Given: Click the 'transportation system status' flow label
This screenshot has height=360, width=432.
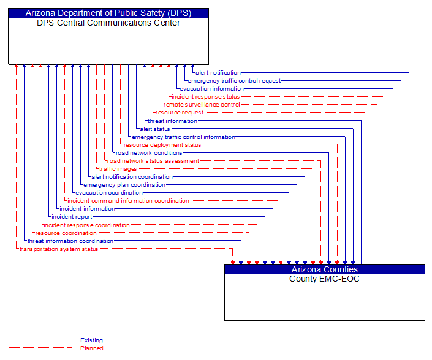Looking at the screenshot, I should [59, 249].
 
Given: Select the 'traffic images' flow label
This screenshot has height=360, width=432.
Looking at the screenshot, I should [118, 169].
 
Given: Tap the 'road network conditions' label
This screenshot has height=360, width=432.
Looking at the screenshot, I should [149, 153].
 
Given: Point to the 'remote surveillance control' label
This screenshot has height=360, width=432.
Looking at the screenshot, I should [202, 105].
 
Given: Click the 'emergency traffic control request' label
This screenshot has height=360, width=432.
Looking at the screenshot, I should [234, 81].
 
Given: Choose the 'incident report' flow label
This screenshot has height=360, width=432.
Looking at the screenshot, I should [72, 217].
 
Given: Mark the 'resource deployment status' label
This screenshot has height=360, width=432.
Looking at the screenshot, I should [162, 145].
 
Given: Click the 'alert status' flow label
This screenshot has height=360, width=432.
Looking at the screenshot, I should [155, 129].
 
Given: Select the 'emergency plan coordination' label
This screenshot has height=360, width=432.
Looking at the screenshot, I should [124, 185].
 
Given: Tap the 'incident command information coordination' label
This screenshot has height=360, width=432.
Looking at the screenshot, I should [128, 201].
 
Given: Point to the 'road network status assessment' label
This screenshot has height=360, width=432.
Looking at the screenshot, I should [153, 161].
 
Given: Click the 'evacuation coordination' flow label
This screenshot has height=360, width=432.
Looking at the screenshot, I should [109, 193].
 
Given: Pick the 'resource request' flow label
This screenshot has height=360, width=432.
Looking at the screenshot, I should [180, 113].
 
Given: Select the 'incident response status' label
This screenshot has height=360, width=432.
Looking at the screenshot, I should [206, 97].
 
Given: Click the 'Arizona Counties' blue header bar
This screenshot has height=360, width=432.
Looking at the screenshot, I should [324, 269].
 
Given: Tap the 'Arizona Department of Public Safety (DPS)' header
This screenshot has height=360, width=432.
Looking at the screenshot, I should [108, 13].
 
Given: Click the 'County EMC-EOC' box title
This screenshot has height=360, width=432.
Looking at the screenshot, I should [324, 279].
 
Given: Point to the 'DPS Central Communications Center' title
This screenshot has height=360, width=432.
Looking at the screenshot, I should [108, 23].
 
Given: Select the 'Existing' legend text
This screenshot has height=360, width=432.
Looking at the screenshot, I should [91, 340].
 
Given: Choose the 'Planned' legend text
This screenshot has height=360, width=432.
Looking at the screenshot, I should [91, 348].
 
